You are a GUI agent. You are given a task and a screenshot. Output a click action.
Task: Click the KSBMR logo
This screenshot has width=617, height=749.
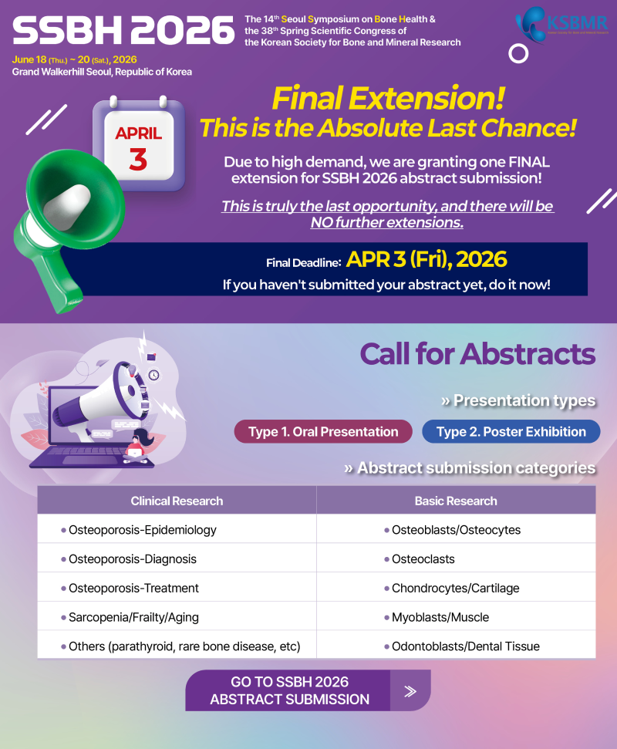coord(561,25)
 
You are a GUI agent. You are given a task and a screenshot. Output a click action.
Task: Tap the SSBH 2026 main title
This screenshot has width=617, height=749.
coord(123,31)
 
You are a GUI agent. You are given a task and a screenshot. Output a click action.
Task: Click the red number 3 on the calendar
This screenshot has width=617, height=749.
coord(138,159)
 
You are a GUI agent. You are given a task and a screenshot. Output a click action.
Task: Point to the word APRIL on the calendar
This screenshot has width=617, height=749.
coord(139,133)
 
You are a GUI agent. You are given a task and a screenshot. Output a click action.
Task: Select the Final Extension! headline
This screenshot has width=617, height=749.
coord(388,99)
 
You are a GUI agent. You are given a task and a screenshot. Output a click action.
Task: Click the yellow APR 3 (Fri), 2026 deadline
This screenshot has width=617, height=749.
coord(427,259)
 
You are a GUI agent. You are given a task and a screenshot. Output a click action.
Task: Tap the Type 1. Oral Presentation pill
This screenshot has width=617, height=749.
coord(323,432)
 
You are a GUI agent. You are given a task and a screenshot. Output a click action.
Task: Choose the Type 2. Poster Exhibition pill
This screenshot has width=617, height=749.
coord(511,432)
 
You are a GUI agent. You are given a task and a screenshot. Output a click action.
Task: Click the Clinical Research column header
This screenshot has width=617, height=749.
coord(177,501)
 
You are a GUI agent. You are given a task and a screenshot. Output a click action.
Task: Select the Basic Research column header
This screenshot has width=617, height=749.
coord(456,501)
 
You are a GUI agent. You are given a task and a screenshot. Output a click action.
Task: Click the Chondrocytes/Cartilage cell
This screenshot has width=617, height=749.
coord(456,588)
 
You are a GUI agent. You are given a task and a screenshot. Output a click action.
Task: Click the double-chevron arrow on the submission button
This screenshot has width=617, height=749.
coord(410,691)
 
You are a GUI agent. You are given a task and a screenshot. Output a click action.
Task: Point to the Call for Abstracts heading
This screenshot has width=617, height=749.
coord(477,354)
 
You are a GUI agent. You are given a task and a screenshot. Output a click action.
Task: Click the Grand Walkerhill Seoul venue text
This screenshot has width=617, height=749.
coord(103,73)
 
